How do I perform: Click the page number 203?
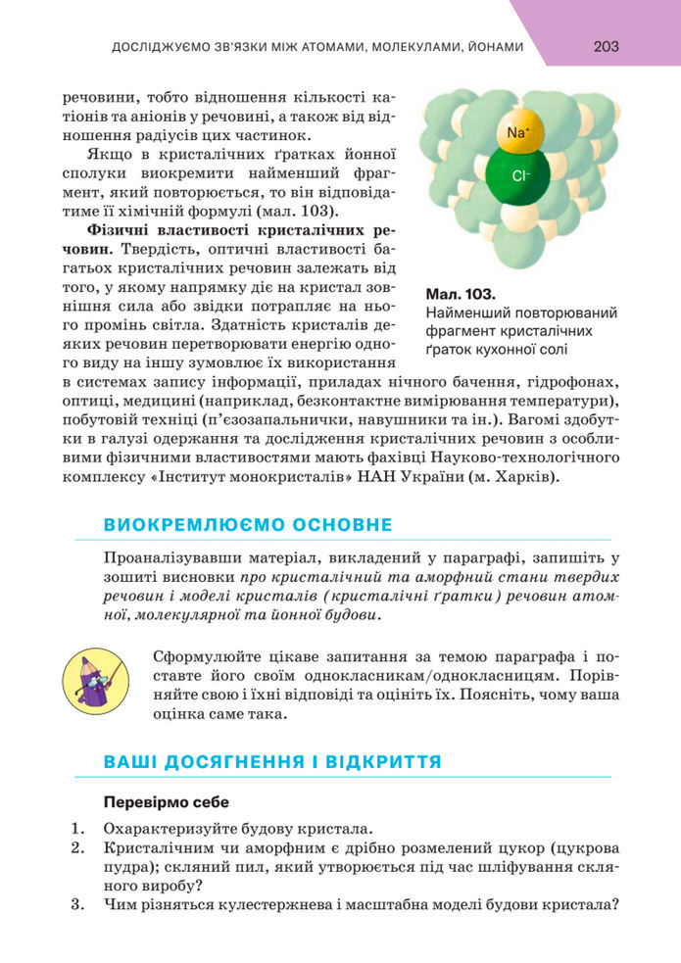click(x=606, y=46)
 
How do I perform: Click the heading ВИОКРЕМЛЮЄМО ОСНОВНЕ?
click(x=248, y=525)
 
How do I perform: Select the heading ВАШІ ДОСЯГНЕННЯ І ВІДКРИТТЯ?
click(x=272, y=761)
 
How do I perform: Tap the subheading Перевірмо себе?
click(x=166, y=802)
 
